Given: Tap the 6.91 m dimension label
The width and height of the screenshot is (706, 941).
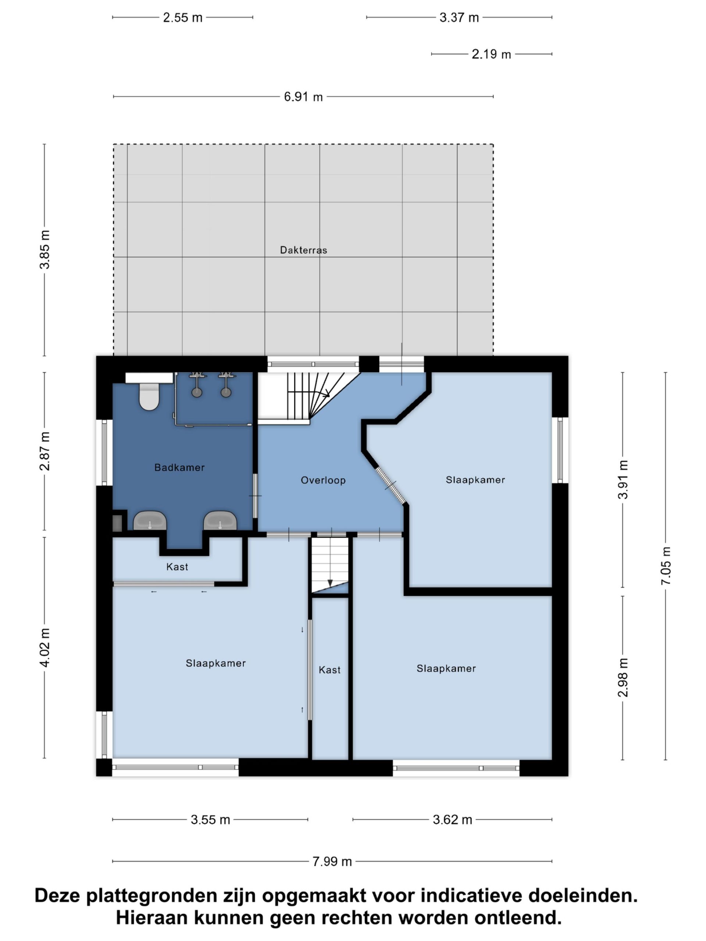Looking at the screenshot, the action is (x=303, y=97).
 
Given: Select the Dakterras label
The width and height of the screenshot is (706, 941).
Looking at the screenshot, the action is (x=303, y=250).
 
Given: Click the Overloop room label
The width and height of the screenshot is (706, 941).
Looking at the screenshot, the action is (x=323, y=480).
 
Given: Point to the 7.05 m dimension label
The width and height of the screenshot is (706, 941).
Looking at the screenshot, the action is (x=666, y=566).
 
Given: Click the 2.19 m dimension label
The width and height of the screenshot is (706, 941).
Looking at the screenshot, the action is (x=491, y=54).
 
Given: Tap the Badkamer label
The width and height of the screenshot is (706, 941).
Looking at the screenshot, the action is (x=179, y=468).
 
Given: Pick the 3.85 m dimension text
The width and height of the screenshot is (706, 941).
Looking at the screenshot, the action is (x=45, y=250).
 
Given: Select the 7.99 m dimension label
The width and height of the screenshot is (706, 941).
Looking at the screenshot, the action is (x=332, y=862).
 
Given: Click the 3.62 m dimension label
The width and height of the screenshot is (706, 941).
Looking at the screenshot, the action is (x=452, y=820).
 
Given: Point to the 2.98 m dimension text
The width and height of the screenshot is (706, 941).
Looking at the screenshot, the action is (x=623, y=677).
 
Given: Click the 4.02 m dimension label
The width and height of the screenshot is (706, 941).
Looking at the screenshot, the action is (x=45, y=647).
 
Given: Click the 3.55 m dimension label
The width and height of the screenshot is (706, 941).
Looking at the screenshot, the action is (x=210, y=820).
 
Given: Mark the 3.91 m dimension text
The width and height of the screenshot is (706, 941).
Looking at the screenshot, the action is (x=623, y=479).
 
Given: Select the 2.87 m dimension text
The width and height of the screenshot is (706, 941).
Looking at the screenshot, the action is (x=45, y=451).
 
